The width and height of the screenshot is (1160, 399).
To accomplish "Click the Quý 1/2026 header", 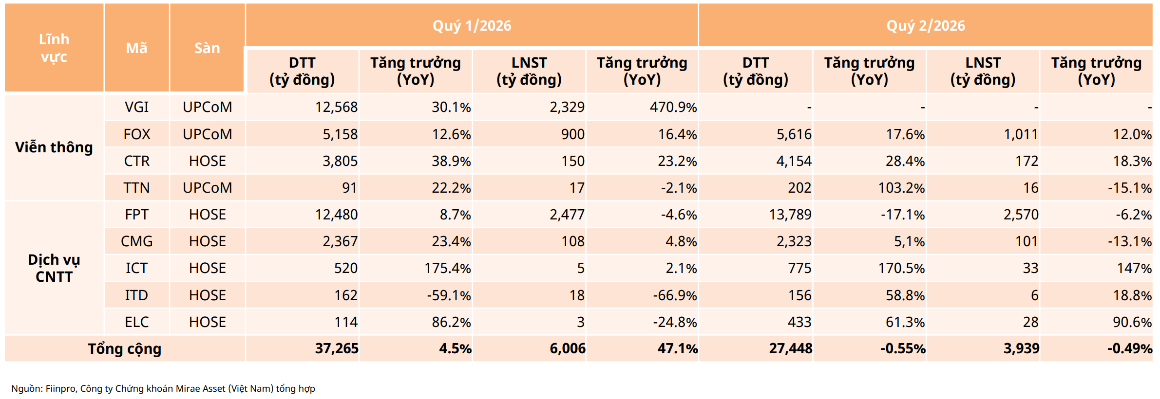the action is coord(472,26).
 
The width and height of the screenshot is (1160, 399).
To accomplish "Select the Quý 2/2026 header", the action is coord(925,26).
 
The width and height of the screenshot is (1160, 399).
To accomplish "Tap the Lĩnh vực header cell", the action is coord(54,48).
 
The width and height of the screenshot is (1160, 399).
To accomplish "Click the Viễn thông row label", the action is coord(54,147).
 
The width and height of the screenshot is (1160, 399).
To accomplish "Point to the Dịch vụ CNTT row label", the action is coord(54,268).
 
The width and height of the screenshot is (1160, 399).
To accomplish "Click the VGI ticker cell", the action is coord(136,107).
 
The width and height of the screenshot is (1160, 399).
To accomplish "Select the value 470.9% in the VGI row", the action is coord(673,107).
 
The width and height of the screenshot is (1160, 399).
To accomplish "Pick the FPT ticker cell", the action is coord(136,215).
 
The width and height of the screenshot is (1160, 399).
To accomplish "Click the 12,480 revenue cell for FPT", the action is coord(336,215).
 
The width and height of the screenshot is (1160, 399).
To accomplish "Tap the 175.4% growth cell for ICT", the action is coord(447,268).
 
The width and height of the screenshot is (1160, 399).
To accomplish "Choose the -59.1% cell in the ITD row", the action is coord(449,295).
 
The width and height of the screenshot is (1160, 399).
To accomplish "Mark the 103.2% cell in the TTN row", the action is coord(901,188).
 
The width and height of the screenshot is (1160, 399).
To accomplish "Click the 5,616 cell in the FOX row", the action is coord(794,134).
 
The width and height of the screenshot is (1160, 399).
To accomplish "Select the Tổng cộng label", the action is coord(125,349).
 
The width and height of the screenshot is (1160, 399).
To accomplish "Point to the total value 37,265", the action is coord(337,348).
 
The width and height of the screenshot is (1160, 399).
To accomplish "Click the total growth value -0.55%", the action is coord(903,348).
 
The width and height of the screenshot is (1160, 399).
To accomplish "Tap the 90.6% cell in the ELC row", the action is coord(1132,322).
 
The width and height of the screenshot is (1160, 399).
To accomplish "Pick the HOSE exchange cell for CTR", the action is coord(208,161).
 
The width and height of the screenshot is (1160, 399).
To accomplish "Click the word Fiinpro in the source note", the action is coord(60,389).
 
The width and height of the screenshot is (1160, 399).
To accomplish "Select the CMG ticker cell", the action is coord(136,241).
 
